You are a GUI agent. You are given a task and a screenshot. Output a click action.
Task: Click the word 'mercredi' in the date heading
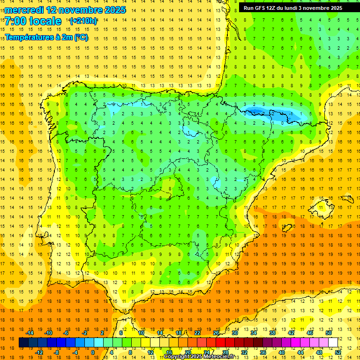(x=24, y=10)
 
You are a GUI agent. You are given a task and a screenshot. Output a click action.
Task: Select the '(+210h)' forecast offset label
(x=83, y=21)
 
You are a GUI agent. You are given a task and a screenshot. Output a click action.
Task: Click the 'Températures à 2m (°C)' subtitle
(x=46, y=37)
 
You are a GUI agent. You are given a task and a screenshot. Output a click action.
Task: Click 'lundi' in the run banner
(x=290, y=8)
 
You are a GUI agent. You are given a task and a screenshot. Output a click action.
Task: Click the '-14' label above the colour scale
(x=30, y=333)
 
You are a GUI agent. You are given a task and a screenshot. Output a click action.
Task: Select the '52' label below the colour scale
(x=337, y=352)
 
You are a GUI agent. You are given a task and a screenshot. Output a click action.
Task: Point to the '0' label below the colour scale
(x=92, y=352)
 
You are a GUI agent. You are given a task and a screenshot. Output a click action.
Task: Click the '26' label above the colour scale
(x=216, y=333)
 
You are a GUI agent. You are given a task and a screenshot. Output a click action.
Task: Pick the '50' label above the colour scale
(x=328, y=333)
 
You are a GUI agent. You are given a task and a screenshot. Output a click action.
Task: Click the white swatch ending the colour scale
(x=333, y=343)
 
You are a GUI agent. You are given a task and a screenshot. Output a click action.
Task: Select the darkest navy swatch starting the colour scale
(x=23, y=343)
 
